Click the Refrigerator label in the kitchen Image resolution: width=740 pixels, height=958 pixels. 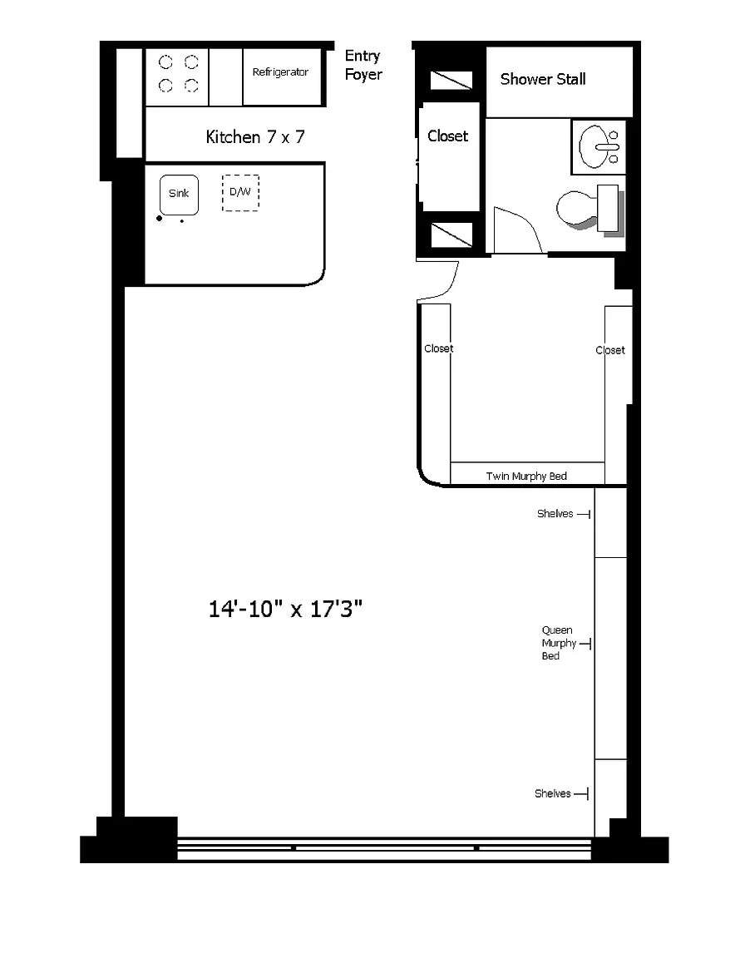coord(280,72)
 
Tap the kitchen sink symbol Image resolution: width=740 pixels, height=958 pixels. coord(179,195)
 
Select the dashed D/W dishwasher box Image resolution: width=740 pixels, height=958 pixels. coord(240,193)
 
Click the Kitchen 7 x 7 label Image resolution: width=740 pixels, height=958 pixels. coord(254,137)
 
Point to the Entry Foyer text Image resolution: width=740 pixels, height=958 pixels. coord(363,65)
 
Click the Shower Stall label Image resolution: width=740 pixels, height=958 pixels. coord(543,79)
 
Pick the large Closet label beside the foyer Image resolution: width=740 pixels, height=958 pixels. coord(448,136)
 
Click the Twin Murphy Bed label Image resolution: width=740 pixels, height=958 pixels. coord(526,476)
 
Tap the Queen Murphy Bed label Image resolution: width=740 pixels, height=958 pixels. coord(559,643)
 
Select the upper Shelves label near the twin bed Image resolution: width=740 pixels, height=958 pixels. coord(555,514)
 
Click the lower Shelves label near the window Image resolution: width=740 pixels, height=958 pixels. coord(552,793)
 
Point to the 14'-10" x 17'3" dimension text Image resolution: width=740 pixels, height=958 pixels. coord(285,609)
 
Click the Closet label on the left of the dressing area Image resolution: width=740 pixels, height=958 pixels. coord(439,348)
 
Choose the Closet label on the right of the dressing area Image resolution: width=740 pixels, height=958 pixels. coord(609,350)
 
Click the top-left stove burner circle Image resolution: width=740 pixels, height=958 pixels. coord(165,62)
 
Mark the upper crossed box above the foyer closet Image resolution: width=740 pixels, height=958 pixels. coord(451,80)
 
